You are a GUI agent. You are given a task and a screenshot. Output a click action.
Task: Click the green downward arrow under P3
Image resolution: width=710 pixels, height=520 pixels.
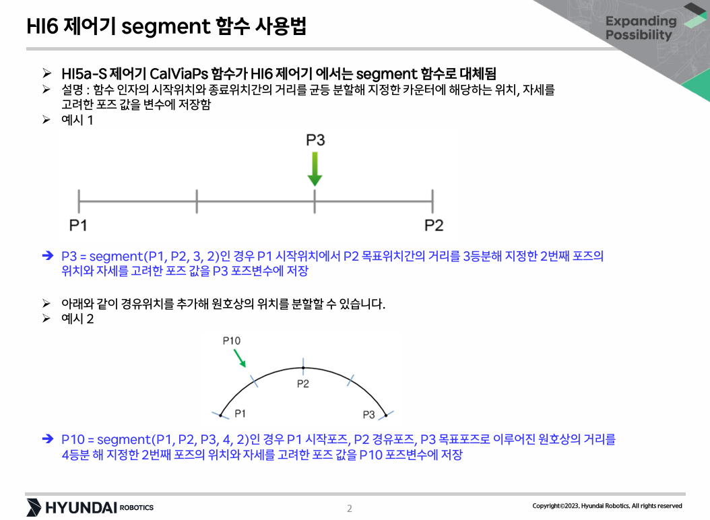point(315,169)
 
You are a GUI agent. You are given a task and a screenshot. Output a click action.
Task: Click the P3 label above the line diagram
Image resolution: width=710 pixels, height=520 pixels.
point(316,140)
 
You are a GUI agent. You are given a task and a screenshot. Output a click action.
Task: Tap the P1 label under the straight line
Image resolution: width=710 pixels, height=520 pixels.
point(78,225)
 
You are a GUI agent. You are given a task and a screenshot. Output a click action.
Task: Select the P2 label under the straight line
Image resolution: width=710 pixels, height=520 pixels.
point(434,225)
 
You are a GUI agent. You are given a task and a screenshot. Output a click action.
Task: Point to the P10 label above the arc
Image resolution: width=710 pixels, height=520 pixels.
point(231,341)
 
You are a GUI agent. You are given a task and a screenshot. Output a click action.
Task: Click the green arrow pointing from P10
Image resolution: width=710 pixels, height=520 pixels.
point(240,358)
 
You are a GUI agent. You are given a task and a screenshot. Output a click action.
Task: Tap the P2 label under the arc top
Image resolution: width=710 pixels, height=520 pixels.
point(303,384)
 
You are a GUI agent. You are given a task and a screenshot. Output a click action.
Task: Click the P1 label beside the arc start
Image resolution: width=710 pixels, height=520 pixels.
point(240,414)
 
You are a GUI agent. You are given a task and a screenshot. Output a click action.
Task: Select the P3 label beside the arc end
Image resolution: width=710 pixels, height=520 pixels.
point(369,414)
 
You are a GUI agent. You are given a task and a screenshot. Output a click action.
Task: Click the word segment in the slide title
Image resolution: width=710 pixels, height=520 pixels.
point(166,27)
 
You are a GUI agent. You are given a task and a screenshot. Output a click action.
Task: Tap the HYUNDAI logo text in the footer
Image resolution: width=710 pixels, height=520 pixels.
point(81,508)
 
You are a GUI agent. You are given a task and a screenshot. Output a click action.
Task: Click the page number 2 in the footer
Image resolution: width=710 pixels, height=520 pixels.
point(350,509)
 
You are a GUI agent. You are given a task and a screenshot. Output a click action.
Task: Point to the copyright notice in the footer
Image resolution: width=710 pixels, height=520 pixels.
point(607,506)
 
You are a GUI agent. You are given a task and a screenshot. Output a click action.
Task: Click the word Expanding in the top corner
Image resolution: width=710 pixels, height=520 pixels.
point(641,22)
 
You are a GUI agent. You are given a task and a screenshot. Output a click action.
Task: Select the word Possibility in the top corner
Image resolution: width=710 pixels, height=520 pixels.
point(639,35)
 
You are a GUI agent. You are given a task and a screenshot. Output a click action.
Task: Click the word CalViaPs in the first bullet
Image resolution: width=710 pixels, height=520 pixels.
point(179,73)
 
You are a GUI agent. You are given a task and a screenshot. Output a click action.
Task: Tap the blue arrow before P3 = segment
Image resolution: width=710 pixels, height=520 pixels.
point(48,256)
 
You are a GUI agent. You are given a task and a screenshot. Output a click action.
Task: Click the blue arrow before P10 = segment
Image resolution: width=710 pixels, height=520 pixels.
point(48,438)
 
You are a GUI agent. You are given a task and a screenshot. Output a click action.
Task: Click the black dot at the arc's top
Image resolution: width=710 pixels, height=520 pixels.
point(303,368)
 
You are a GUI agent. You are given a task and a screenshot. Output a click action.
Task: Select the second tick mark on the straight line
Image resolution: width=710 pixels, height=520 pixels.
point(197,201)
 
